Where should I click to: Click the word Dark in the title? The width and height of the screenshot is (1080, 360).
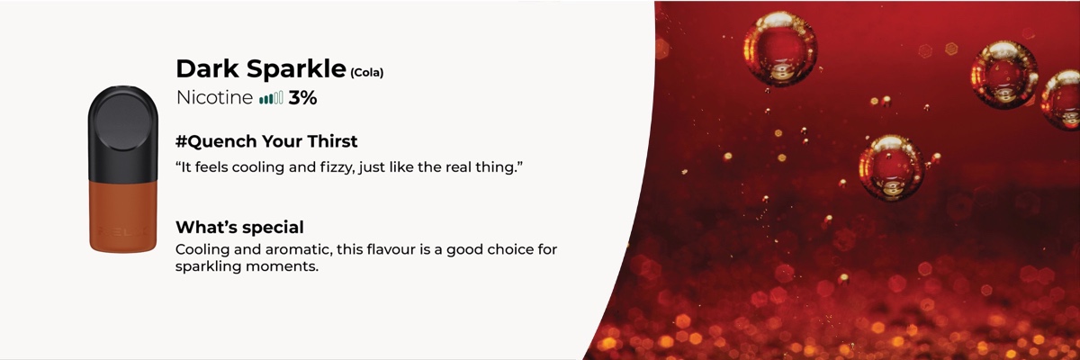(207, 69)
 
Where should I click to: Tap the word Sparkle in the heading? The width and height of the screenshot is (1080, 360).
(296, 69)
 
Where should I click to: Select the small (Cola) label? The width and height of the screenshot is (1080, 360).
(367, 73)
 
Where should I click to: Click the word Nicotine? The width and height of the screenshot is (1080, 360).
(214, 98)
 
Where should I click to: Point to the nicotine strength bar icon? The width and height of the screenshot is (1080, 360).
(271, 98)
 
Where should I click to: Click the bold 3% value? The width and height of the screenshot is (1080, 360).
(302, 98)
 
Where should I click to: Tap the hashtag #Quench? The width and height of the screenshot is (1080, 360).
(217, 141)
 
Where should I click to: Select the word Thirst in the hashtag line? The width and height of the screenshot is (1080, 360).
(333, 141)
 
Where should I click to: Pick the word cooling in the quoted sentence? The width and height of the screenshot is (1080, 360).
(258, 167)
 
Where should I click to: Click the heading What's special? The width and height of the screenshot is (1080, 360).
(239, 227)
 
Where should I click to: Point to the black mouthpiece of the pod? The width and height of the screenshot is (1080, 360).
(123, 134)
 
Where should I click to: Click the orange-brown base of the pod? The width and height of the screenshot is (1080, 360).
(123, 216)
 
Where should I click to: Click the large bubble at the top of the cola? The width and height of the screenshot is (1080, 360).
(780, 49)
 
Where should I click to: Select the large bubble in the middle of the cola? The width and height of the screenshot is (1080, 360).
(892, 167)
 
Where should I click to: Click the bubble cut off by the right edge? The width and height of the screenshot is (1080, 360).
(1061, 100)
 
